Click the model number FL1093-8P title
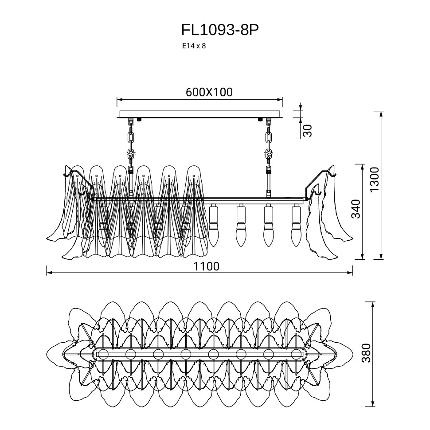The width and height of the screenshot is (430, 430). click(x=219, y=30)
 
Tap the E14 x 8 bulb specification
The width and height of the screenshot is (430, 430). click(x=194, y=46)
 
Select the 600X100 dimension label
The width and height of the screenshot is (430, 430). click(x=209, y=92)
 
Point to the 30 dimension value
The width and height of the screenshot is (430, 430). click(x=307, y=130)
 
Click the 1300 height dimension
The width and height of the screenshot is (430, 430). click(x=375, y=180)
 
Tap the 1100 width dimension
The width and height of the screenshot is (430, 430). click(x=206, y=266)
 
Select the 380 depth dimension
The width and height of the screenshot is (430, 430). click(x=366, y=353)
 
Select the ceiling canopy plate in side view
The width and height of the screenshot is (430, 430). click(x=200, y=114)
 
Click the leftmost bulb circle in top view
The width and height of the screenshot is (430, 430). click(x=103, y=354)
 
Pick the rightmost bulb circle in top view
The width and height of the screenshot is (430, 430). click(x=297, y=354)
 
